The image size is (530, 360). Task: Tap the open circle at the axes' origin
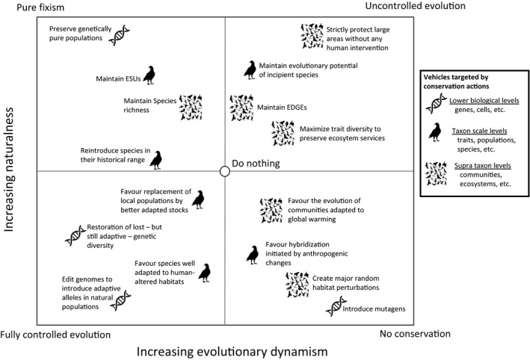pyautogui.click(x=224, y=171)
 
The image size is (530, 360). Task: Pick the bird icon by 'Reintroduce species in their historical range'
pyautogui.click(x=156, y=158)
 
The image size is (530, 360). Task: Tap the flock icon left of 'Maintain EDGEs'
pyautogui.click(x=241, y=107)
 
